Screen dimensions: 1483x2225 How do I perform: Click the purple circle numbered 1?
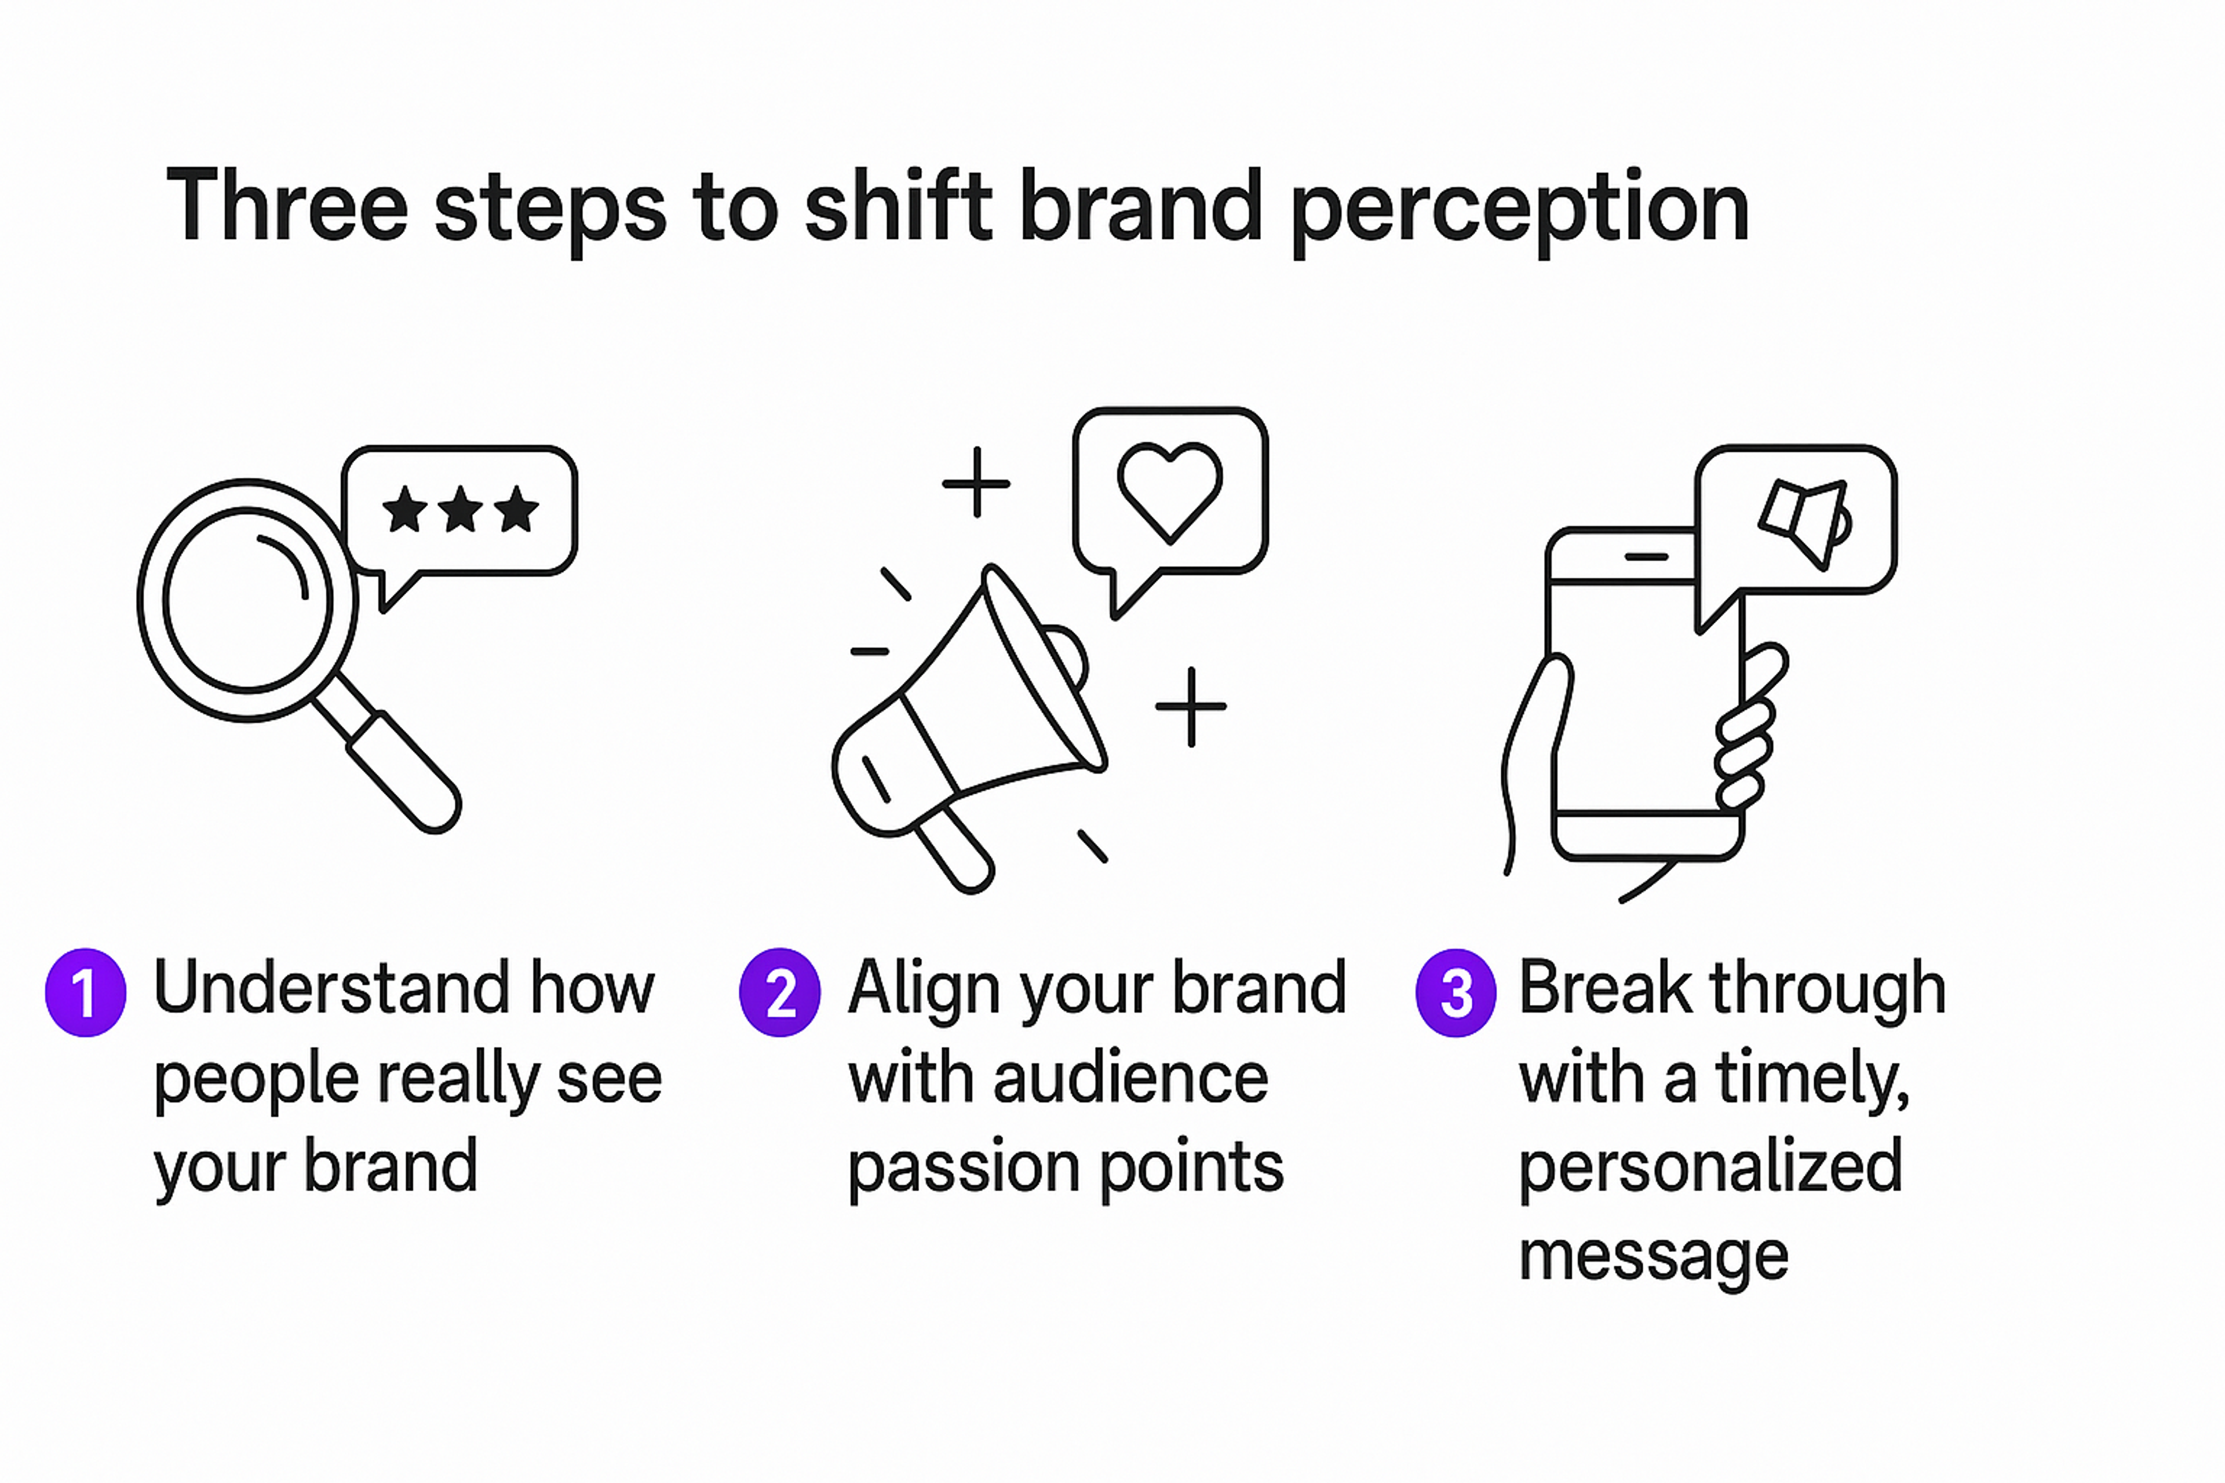tap(85, 992)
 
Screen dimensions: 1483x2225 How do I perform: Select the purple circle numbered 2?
tap(779, 992)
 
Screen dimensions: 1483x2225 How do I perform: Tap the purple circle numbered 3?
tap(1456, 992)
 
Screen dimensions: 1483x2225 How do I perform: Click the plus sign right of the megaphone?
tap(1191, 706)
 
